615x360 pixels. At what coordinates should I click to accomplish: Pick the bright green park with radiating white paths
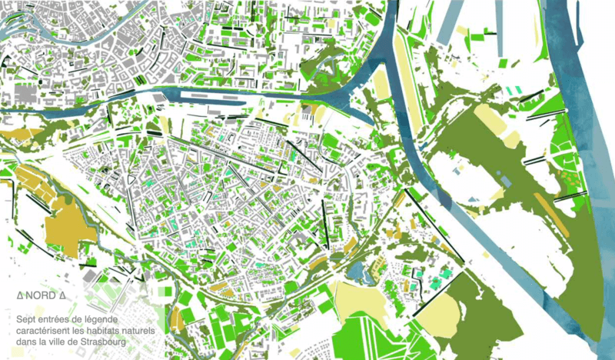[x=369, y=331]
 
